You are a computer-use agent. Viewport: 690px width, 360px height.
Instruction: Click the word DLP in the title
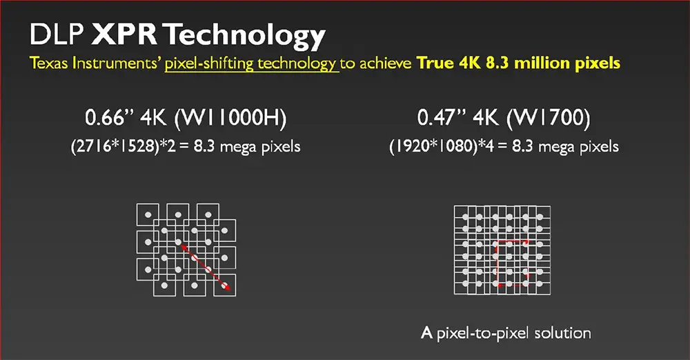coord(57,34)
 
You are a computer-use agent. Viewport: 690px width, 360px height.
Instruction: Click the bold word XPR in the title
coord(124,34)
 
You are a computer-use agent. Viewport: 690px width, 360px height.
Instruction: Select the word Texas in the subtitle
coord(49,63)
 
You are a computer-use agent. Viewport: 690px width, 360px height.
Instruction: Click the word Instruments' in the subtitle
coord(116,63)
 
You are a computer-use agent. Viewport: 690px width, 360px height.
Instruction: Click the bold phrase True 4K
coord(449,63)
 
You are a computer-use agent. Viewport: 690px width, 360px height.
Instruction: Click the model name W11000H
coord(230,118)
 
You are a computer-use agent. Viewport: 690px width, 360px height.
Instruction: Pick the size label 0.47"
coord(442,117)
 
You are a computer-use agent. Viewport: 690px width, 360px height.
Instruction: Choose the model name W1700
coord(549,118)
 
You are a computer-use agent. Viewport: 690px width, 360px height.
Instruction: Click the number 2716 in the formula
coord(94,146)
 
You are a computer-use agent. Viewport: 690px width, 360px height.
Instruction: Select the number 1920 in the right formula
coord(411,146)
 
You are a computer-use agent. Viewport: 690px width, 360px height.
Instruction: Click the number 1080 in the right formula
coord(455,146)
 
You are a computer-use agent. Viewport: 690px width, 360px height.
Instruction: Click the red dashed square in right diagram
coord(497,263)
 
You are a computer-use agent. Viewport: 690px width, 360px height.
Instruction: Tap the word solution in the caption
coord(562,333)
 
